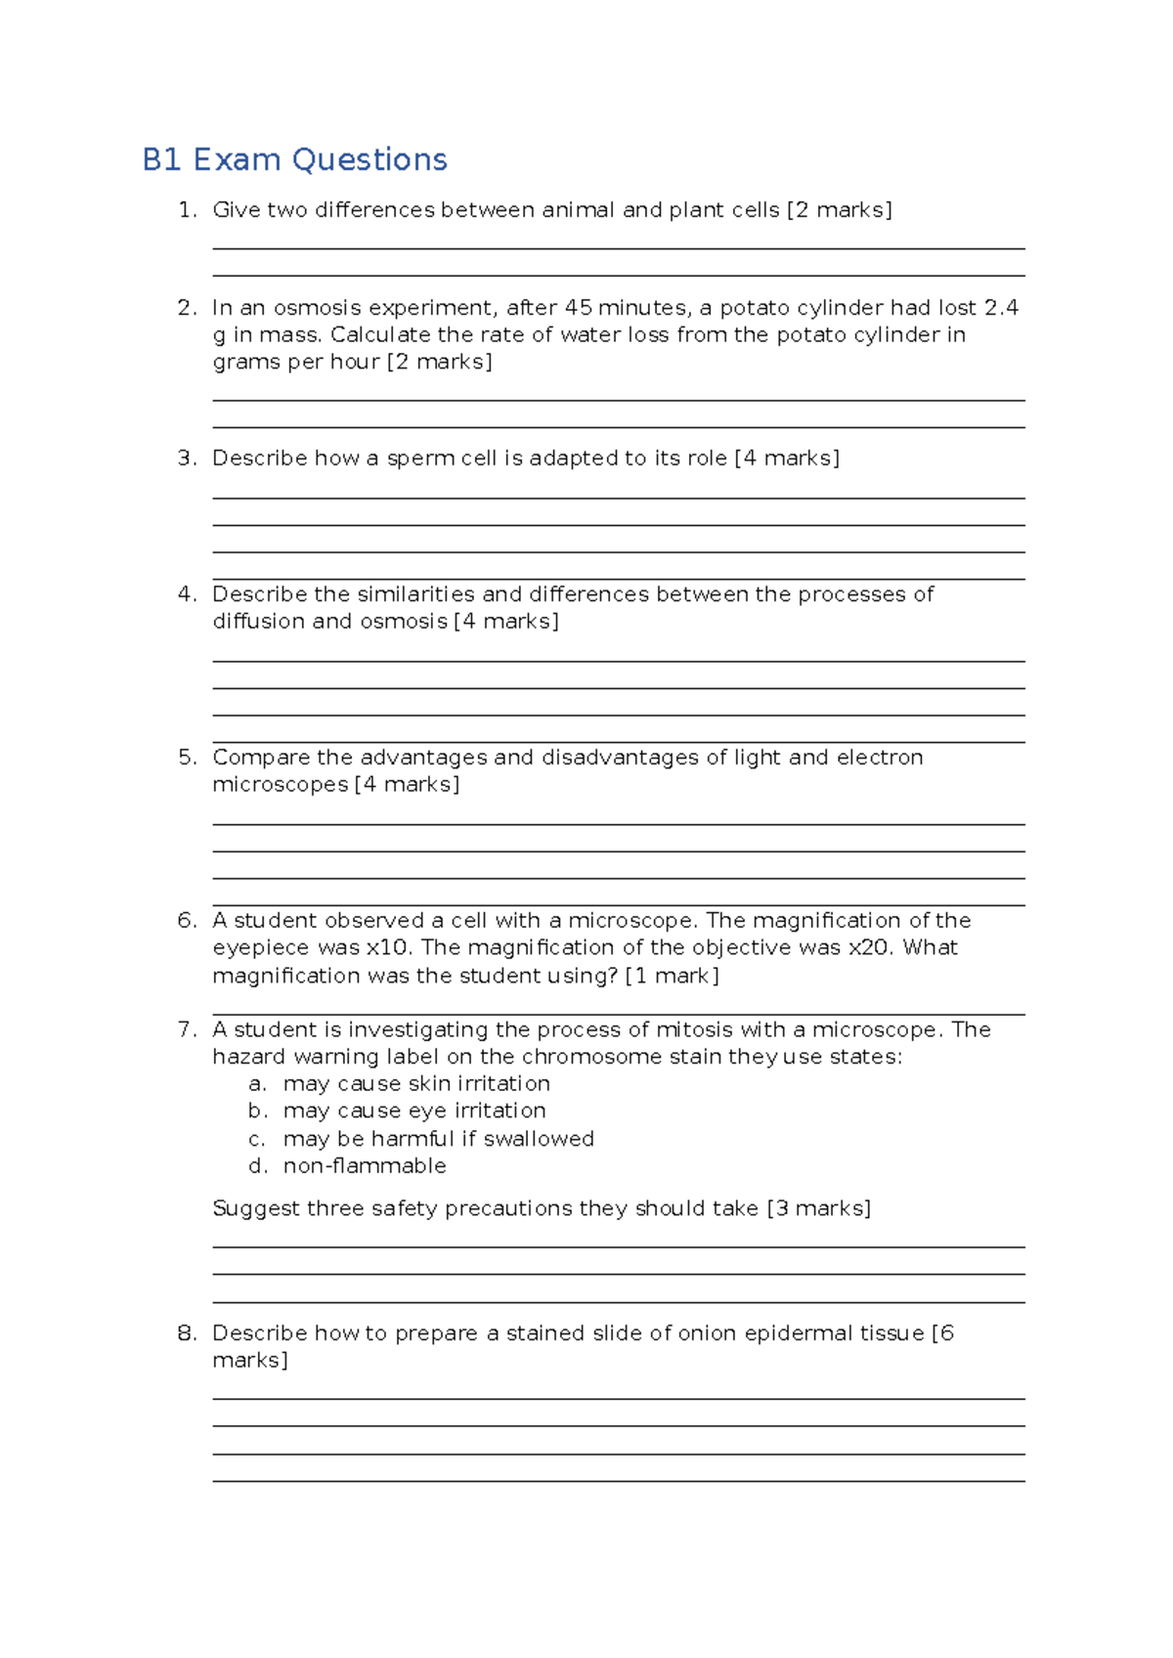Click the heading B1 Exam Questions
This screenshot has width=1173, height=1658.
[x=294, y=159]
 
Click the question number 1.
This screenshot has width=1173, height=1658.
[x=186, y=210]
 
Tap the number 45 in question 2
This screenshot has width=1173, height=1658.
[x=578, y=308]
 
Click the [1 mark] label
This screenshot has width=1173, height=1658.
[x=672, y=976]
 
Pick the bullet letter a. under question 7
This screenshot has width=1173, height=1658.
[x=257, y=1084]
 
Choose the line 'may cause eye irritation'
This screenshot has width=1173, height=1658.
[x=414, y=1112]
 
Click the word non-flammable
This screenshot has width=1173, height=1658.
[x=365, y=1166]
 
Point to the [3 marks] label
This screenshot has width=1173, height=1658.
[x=818, y=1208]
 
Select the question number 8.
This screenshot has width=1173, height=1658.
[x=186, y=1333]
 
